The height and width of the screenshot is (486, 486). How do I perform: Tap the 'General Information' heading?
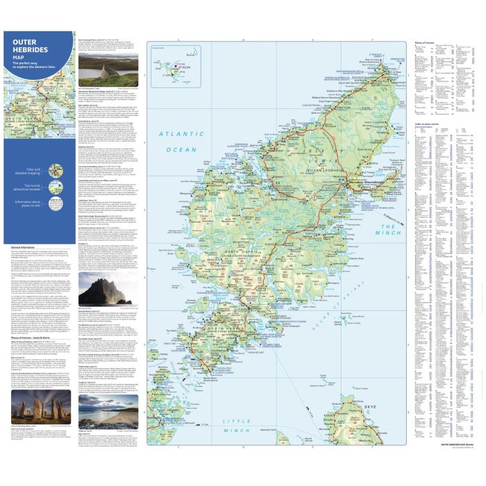(x=24, y=246)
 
